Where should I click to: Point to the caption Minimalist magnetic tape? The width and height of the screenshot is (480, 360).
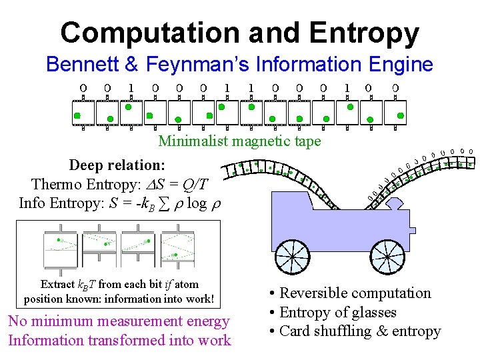[x=239, y=141]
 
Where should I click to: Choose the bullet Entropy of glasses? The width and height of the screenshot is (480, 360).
[x=338, y=312]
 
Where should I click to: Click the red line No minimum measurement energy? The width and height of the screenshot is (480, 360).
[x=119, y=321]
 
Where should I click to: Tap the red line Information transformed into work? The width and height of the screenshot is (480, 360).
[x=119, y=340]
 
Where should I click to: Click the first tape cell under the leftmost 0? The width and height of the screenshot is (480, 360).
[x=83, y=113]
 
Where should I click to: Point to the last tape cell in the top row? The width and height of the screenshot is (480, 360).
[x=396, y=113]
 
